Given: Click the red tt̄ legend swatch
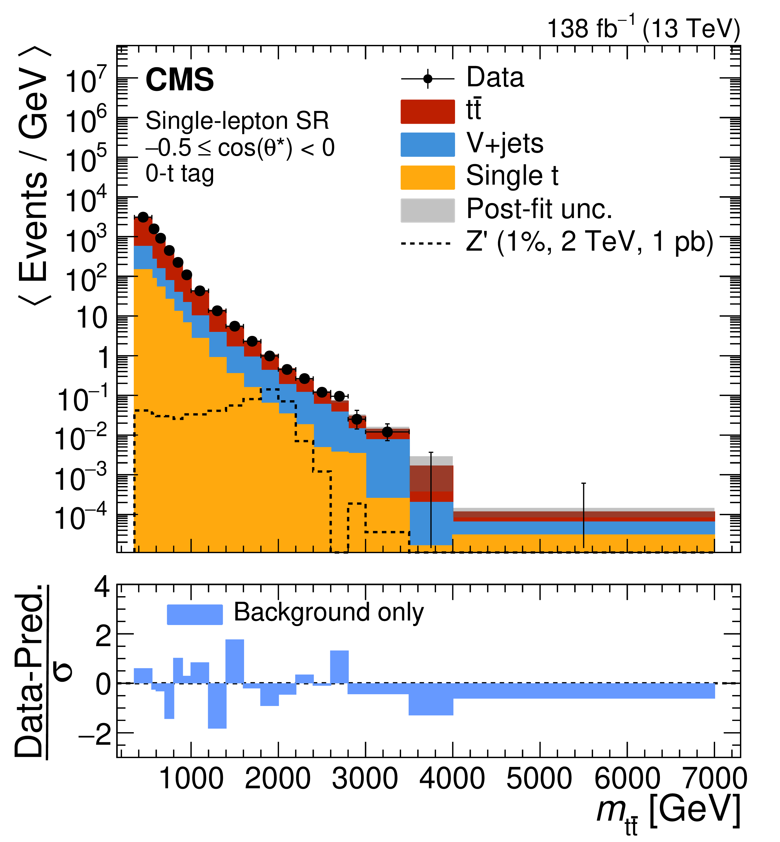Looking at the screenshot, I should tap(427, 111).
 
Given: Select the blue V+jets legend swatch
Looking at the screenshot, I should tap(427, 144).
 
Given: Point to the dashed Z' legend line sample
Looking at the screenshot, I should tap(426, 244).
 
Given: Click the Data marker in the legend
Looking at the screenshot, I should tap(428, 79).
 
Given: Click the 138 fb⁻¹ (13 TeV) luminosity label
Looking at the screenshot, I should tap(643, 29).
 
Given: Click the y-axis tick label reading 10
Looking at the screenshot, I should tap(92, 317).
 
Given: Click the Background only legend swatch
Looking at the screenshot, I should tap(195, 614).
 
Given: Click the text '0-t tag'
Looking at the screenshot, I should tap(180, 173).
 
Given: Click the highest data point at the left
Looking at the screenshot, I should tap(143, 217).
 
